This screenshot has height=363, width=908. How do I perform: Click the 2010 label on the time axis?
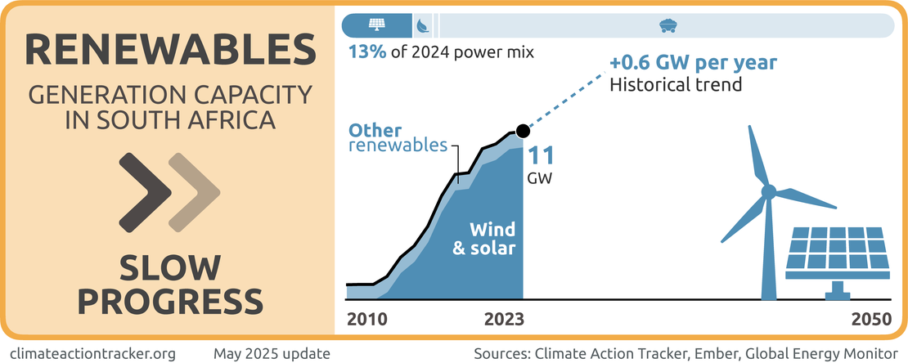click(x=366, y=320)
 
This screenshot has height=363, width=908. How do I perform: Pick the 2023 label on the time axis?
click(x=505, y=320)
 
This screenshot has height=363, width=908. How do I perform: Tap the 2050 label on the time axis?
click(x=870, y=320)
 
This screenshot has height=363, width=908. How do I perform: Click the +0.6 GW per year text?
click(x=693, y=63)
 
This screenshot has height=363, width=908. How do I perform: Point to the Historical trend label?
click(x=676, y=83)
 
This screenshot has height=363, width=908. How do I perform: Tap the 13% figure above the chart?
click(x=366, y=53)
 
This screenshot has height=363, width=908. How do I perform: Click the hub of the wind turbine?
click(x=768, y=191)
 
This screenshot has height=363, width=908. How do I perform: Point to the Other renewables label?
click(x=398, y=138)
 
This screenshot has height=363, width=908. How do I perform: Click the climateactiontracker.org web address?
click(x=97, y=353)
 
